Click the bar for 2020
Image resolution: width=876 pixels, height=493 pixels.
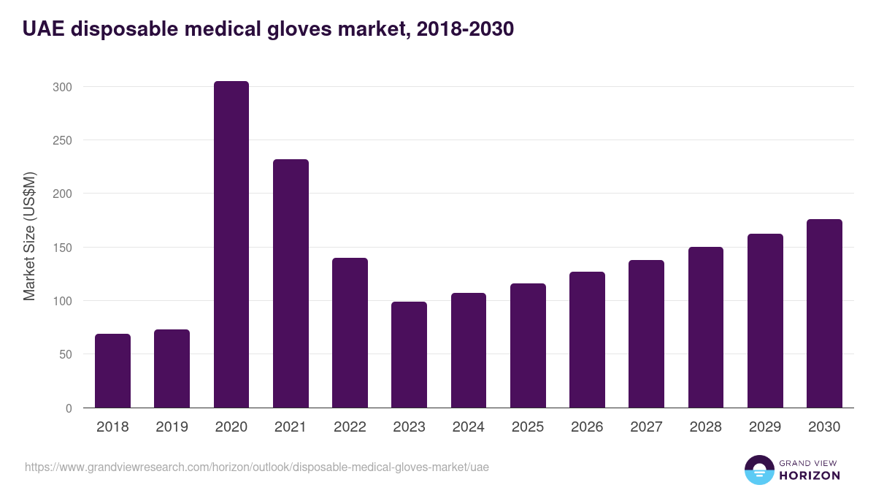tap(231, 245)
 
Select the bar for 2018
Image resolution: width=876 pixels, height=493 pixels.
tap(112, 371)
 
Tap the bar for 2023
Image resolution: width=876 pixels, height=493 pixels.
tap(409, 355)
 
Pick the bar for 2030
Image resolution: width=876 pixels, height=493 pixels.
tap(824, 313)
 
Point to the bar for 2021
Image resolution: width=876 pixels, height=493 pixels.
tap(291, 283)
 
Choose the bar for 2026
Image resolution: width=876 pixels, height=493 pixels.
tap(587, 340)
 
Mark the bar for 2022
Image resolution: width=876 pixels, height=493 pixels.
tap(350, 333)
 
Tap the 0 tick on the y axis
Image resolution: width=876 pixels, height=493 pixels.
tap(69, 408)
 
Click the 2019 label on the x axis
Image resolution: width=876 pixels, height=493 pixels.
tap(172, 427)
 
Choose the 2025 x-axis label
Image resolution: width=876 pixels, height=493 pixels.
tap(528, 427)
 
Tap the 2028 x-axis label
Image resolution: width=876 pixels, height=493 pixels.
tap(705, 427)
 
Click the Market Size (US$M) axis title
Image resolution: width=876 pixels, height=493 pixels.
tap(29, 236)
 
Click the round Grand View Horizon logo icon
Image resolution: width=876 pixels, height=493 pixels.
tap(758, 470)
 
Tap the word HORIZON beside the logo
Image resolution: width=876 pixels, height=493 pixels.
tap(810, 475)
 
